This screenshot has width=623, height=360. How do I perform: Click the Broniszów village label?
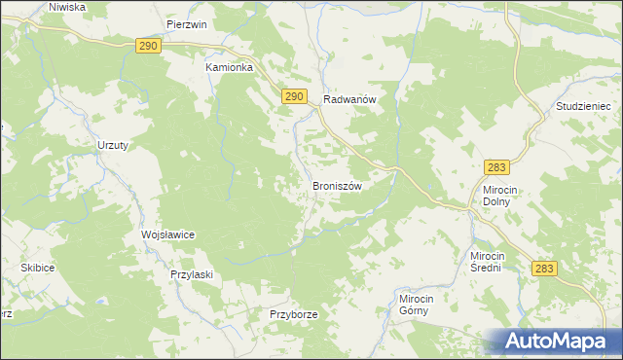point(337,186)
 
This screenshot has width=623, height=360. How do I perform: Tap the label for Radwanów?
point(349,99)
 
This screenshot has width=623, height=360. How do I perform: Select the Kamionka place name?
point(229,68)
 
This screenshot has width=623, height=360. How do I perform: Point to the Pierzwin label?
point(187,24)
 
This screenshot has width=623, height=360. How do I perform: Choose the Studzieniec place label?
point(581,105)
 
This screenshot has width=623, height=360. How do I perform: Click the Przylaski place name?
point(192,274)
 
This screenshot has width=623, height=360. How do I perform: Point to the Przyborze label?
point(294,315)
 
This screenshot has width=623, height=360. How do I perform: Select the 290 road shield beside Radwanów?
point(296,96)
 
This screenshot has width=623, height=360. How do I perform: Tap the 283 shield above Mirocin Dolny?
point(497,167)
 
